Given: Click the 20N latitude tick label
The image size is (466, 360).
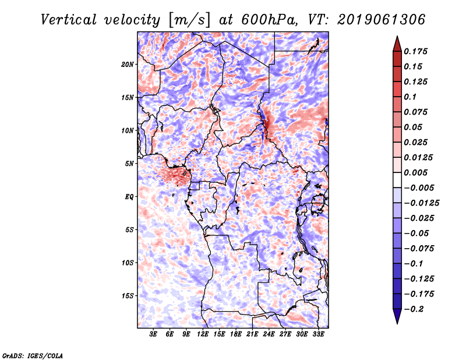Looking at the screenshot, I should point(128,64).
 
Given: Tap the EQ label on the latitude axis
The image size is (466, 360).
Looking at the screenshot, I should point(130,196).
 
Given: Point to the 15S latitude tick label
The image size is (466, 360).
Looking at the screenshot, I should point(128,295).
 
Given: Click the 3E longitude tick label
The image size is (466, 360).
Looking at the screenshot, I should point(154,335).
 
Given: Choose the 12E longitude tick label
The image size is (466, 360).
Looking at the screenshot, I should point(203,335).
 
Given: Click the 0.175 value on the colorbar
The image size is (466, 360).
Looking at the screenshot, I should point(417,51).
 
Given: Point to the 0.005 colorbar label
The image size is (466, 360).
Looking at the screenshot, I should point(417,172).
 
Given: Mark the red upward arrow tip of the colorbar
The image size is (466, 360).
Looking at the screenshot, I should point(397,38).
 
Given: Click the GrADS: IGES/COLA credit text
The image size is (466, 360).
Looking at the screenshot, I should point(32,355).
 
